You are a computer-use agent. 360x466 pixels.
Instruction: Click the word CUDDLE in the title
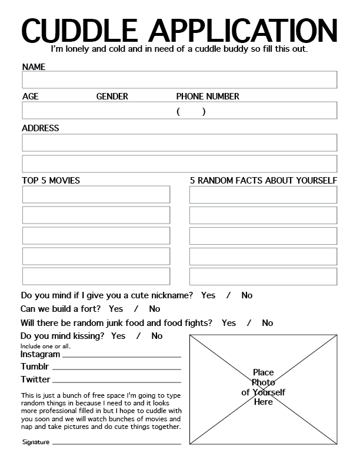click(x=79, y=29)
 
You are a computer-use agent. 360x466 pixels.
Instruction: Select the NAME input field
click(x=179, y=79)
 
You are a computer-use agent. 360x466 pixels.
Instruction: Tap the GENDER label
click(x=112, y=96)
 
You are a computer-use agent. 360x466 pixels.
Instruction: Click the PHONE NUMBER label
click(x=208, y=96)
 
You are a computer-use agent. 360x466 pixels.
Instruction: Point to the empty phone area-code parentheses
click(x=191, y=112)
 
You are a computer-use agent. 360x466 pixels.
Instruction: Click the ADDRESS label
click(x=41, y=128)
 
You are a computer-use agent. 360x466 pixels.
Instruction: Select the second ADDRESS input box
click(x=179, y=164)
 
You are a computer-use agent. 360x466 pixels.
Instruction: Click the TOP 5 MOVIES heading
click(x=51, y=180)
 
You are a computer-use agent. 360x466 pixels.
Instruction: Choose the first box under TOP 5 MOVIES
click(x=96, y=195)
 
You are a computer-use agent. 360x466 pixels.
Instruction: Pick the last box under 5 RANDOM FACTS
click(x=263, y=277)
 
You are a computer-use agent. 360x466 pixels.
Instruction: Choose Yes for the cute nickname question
click(x=208, y=295)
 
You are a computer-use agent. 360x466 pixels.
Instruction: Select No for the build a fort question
click(x=155, y=309)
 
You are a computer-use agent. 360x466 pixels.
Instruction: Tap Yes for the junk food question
click(x=229, y=323)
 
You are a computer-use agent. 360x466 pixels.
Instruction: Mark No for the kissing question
click(x=157, y=336)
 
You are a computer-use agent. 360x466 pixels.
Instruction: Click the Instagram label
click(x=41, y=355)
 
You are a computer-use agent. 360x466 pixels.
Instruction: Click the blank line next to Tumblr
click(x=116, y=370)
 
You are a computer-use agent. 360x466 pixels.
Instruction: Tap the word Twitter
click(x=36, y=380)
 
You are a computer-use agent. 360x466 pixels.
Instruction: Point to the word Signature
click(x=36, y=442)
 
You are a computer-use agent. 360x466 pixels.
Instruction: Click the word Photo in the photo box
click(x=263, y=382)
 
